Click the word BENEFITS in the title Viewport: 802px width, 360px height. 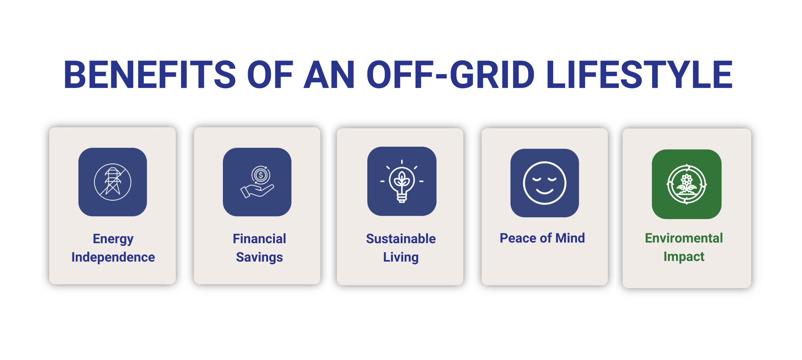150,75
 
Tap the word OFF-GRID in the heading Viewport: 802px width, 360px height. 451,75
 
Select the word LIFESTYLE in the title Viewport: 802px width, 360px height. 639,75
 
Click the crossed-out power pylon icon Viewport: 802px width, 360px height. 113,182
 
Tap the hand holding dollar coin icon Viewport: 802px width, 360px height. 257,182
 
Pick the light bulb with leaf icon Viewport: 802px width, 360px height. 402,181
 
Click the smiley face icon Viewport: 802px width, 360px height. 545,183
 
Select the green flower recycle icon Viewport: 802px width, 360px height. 687,184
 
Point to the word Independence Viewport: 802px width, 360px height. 113,257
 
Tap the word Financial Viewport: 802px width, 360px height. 259,239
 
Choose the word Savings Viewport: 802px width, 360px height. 259,257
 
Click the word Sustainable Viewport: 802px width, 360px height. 401,239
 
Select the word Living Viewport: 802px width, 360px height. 401,257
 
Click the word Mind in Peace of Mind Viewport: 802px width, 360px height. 570,238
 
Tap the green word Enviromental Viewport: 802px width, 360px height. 684,238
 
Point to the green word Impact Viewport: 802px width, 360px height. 684,257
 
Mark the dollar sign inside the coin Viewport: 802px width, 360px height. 261,175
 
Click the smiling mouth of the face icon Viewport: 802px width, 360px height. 545,191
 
